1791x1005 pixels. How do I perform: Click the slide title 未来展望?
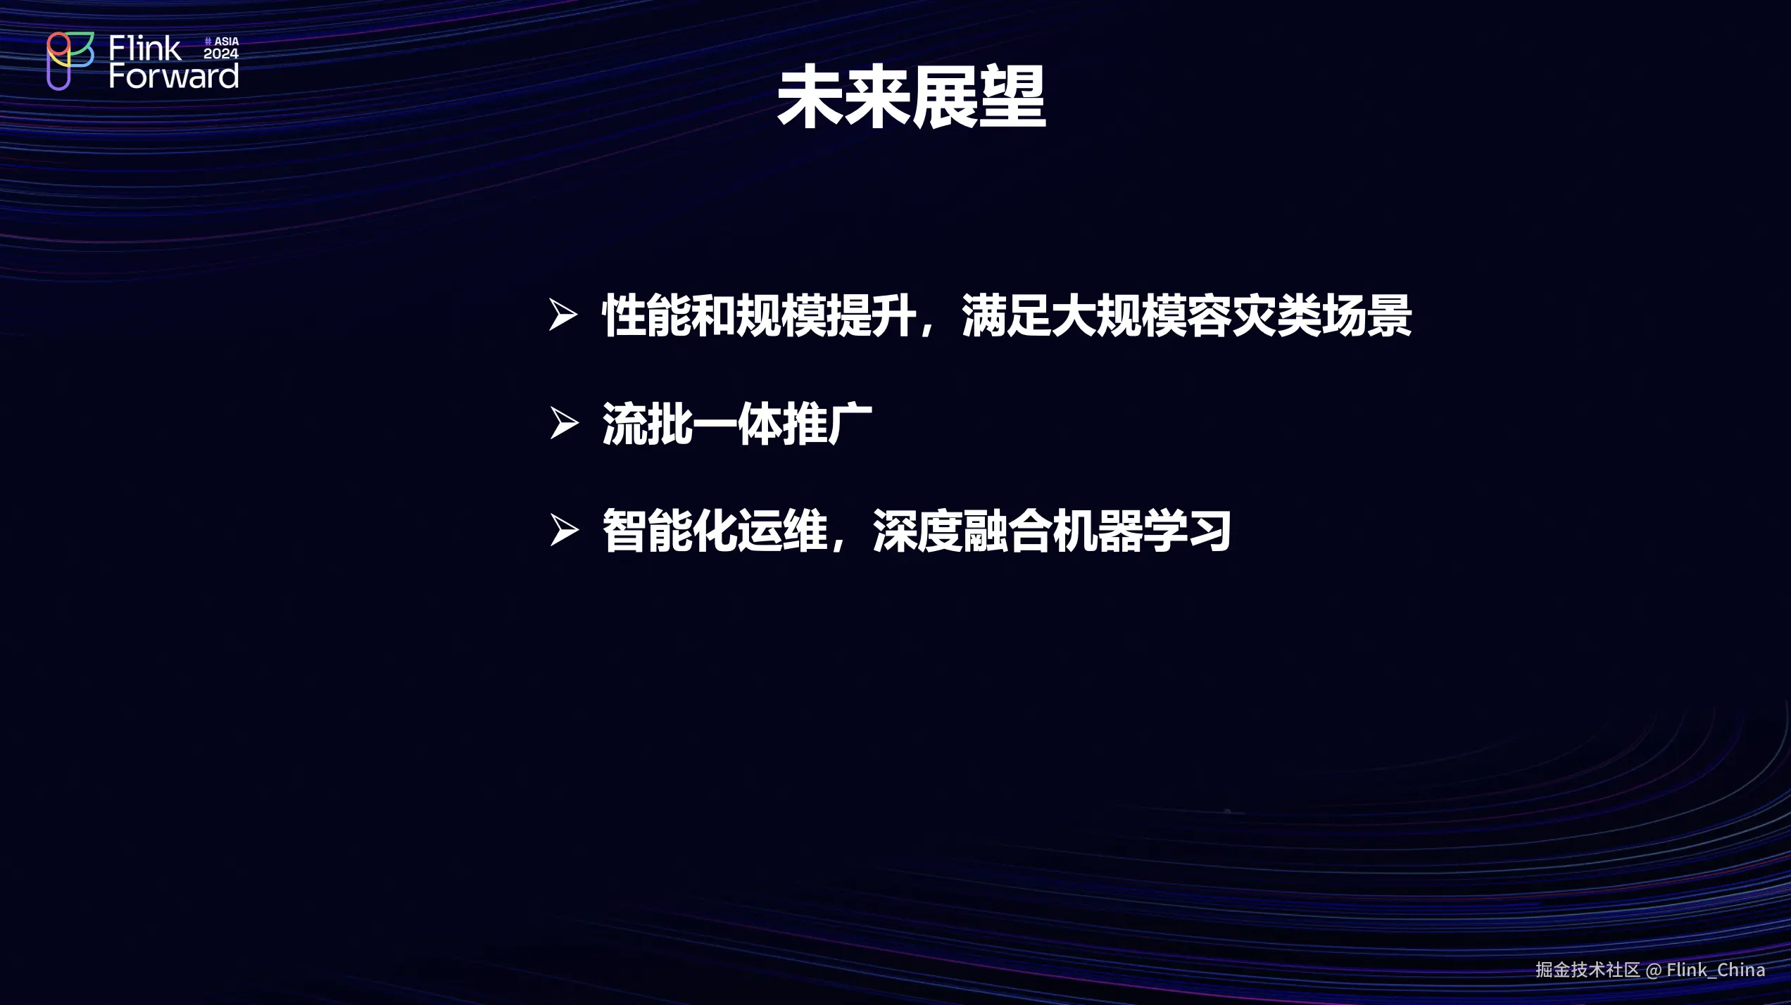point(911,96)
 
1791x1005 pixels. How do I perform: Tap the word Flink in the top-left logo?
point(145,49)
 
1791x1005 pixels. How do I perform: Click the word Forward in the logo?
point(174,76)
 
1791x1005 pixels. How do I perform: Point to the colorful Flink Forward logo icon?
point(70,61)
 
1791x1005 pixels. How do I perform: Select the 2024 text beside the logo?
point(221,53)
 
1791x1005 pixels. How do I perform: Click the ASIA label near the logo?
point(226,42)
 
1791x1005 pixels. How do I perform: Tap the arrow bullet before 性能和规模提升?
point(563,315)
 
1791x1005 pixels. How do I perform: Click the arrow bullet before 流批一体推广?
point(564,423)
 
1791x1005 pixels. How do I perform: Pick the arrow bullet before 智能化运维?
point(564,530)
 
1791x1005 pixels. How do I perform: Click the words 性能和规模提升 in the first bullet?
point(760,316)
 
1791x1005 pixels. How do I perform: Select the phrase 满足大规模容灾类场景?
point(1187,316)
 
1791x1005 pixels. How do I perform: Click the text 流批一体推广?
point(737,424)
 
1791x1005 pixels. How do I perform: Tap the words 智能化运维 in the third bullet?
point(715,531)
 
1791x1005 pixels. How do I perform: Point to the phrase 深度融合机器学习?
point(1052,531)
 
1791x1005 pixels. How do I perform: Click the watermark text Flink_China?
point(1716,970)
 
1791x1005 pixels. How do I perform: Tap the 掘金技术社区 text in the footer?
point(1588,970)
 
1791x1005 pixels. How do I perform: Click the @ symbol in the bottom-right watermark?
point(1654,971)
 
